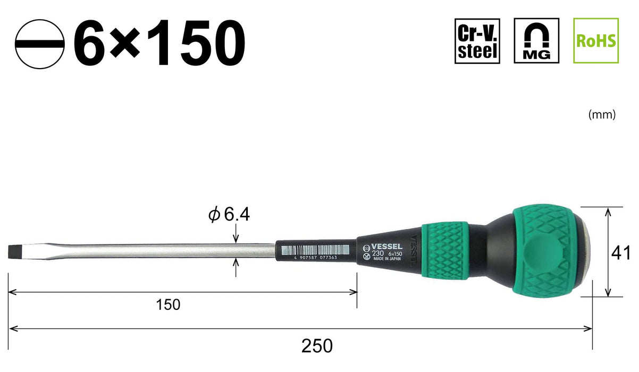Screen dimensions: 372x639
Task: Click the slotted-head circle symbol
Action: pos(40,44)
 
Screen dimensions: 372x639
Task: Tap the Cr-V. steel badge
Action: pos(477,41)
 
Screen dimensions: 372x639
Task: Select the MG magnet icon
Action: pos(536,41)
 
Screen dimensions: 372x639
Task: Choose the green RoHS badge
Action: pos(596,41)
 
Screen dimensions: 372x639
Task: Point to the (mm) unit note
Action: pos(602,114)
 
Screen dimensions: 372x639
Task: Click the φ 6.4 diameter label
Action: pos(229,215)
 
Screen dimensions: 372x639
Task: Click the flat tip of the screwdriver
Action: pos(14,251)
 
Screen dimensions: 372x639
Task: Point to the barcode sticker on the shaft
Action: pos(316,249)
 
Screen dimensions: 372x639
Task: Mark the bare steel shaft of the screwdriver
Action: pos(159,250)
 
